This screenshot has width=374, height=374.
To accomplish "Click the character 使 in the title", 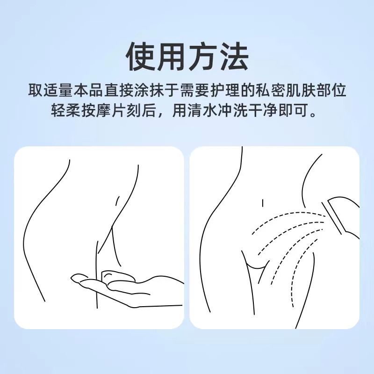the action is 141,56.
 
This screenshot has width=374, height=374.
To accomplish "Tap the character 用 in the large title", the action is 171,56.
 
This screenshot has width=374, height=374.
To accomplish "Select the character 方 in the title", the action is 202,56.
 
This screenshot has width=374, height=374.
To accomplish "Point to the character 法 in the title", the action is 233,56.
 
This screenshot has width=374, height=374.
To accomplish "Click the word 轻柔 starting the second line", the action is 65,110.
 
